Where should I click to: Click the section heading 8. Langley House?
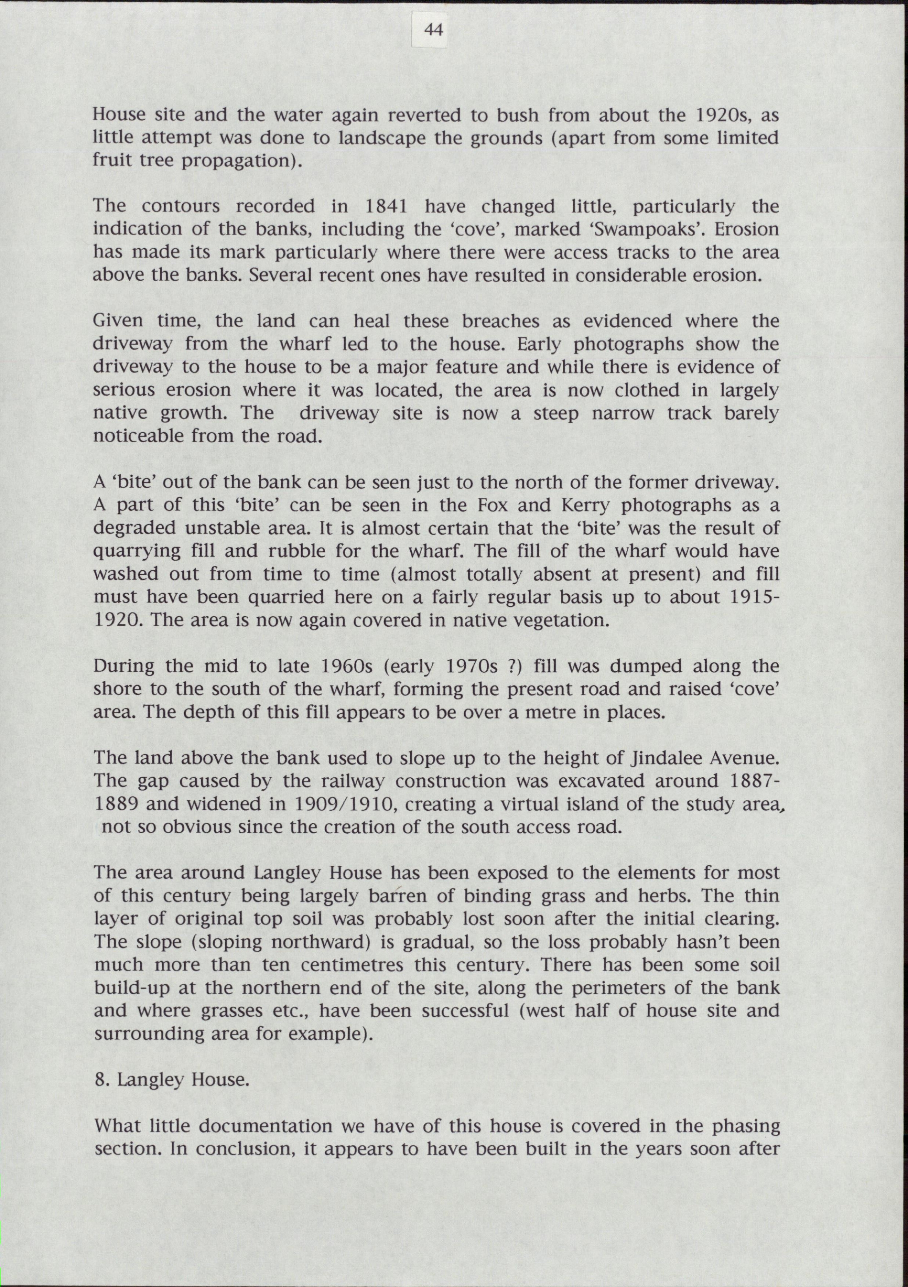[x=171, y=1079]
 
